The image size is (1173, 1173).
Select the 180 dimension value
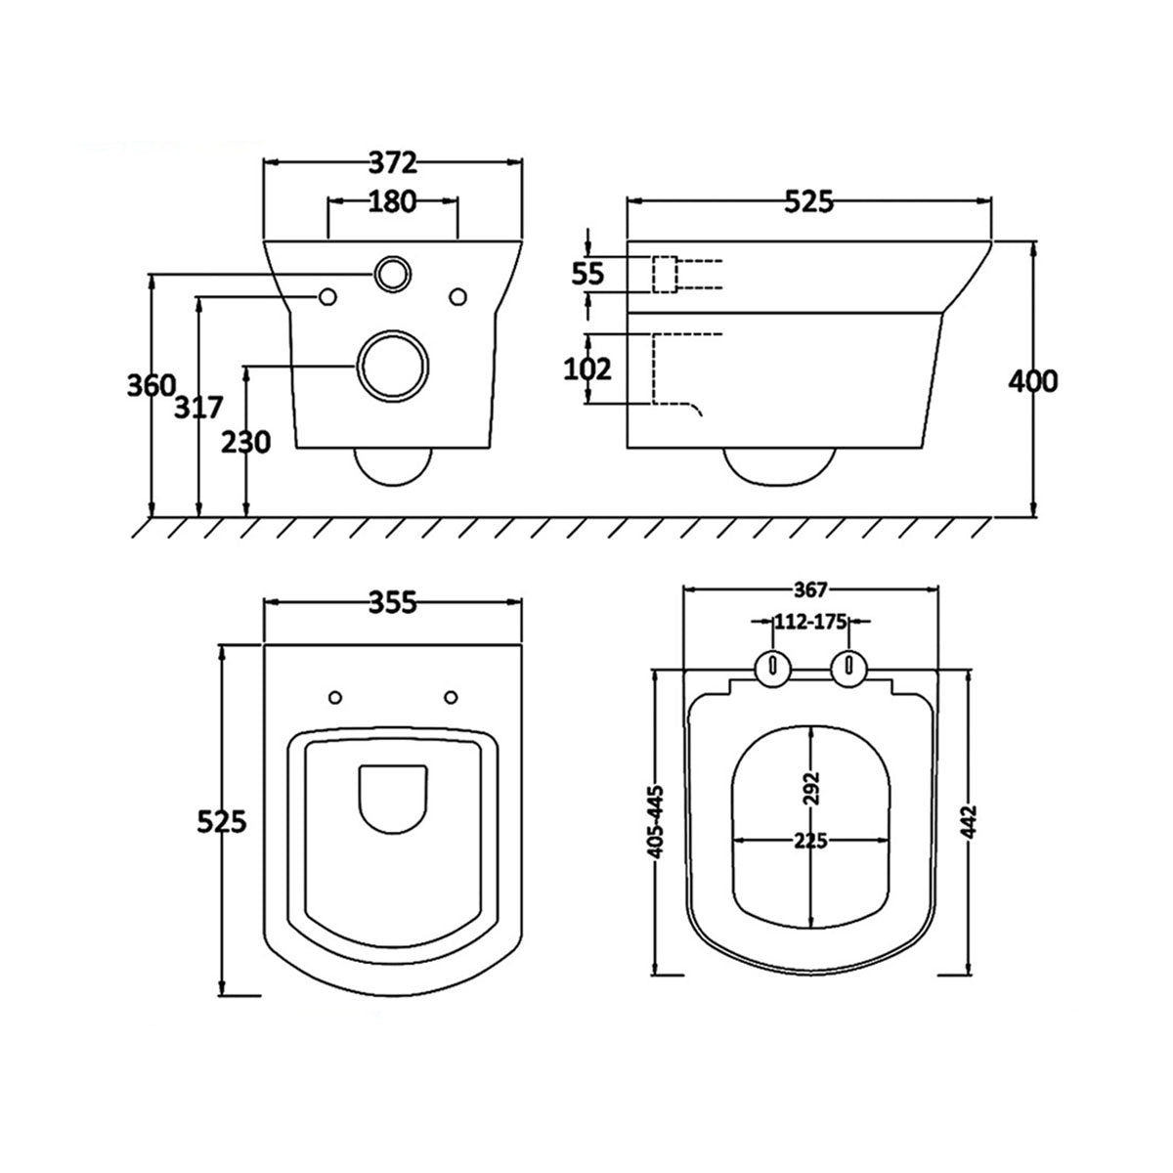tap(393, 202)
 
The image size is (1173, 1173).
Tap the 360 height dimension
tap(152, 385)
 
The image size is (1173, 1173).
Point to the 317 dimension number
tap(199, 406)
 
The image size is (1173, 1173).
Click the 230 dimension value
tap(245, 443)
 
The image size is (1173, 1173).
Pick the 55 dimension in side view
tap(587, 275)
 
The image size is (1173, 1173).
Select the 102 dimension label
tap(588, 369)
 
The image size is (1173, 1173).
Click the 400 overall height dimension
tap(1032, 381)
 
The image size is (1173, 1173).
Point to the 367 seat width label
tap(811, 589)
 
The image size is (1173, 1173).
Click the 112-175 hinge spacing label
tap(810, 621)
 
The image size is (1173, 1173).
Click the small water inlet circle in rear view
tap(393, 274)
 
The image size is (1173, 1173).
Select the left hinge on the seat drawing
tap(773, 668)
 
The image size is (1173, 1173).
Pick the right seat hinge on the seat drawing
tap(848, 668)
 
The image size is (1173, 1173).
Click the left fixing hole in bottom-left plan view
tap(335, 697)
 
